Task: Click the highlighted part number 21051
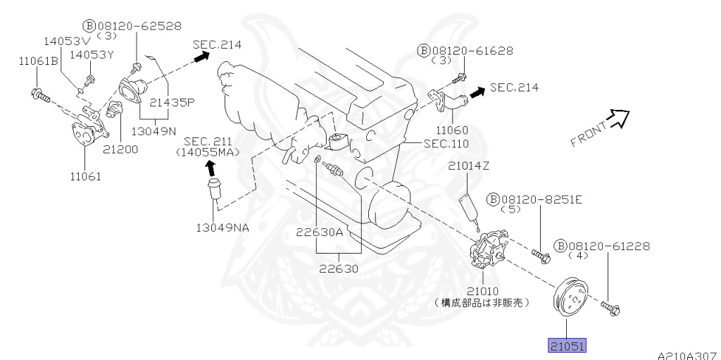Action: [567, 346]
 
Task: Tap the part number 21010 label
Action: [482, 291]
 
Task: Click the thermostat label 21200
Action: [120, 149]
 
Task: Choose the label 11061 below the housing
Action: [85, 176]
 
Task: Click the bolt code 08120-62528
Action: [137, 26]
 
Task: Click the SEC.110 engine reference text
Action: [446, 144]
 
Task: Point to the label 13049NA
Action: [222, 227]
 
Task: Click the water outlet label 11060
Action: [452, 130]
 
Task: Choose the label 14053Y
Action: [92, 55]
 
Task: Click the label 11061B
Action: [38, 61]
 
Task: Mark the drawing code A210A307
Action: [689, 355]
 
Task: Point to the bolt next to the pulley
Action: [610, 309]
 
